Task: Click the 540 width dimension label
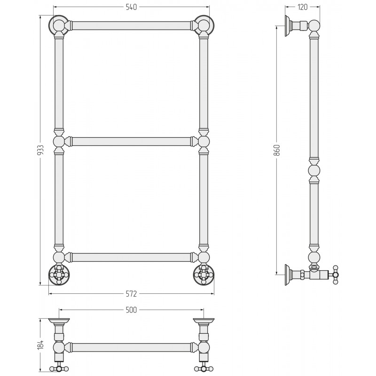pos(131,7)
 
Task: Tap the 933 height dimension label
pos(41,150)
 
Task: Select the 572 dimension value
pos(131,293)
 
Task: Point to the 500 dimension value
pos(131,310)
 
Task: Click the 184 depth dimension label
pos(41,345)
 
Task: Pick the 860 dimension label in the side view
pos(277,150)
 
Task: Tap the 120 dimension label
pos(302,7)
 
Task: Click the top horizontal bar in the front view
pos(131,25)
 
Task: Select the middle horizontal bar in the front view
pos(131,141)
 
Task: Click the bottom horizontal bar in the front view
pos(131,257)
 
